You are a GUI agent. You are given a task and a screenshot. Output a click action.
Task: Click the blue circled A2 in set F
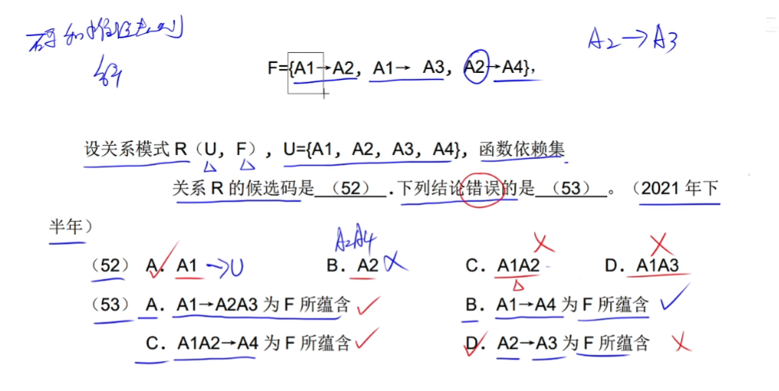point(476,68)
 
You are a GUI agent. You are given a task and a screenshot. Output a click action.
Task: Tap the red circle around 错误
point(481,188)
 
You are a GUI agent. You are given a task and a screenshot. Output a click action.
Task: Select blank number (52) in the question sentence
point(350,189)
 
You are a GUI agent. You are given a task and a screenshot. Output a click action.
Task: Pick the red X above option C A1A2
point(545,244)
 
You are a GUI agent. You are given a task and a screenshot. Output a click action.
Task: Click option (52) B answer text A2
point(368,266)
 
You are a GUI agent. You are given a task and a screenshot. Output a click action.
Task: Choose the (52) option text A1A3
point(658,266)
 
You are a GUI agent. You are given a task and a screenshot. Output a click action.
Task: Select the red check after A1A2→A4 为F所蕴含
point(368,338)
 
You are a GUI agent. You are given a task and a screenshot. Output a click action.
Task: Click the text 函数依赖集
point(521,149)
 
